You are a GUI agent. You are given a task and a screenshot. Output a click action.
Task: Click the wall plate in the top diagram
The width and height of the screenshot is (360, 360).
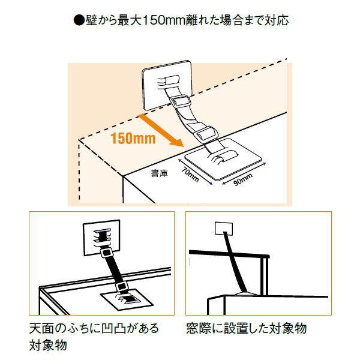(166, 84)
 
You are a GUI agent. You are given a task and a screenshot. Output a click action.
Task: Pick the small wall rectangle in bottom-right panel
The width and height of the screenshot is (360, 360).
(224, 229)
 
